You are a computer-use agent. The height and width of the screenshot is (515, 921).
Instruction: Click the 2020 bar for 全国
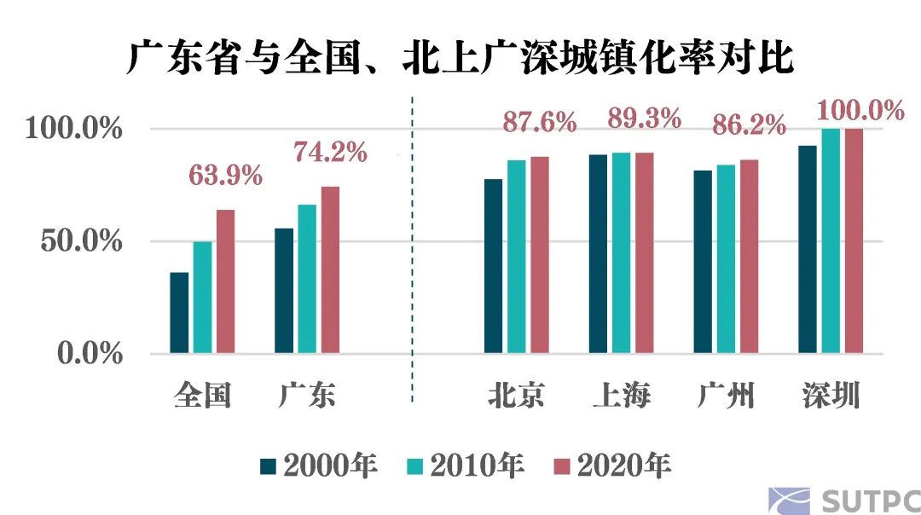click(x=225, y=281)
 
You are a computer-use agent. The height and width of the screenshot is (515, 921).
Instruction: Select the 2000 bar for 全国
click(x=179, y=313)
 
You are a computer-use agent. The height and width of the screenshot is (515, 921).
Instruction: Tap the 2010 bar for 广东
click(x=307, y=279)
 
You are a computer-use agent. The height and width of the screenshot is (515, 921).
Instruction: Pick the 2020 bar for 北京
click(x=540, y=255)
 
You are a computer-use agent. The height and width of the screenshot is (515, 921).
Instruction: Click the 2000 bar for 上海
click(x=598, y=254)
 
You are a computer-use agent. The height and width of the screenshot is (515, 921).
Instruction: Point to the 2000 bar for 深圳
click(x=808, y=249)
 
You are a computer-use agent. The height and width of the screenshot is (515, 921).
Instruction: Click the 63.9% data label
click(x=225, y=176)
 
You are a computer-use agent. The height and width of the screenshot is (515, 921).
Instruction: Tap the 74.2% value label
click(x=330, y=153)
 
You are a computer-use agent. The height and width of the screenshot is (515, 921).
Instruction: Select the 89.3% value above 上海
click(x=644, y=119)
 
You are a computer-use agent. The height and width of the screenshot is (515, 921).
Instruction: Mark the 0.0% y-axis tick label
click(x=90, y=354)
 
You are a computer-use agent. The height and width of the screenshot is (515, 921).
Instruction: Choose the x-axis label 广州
click(x=726, y=396)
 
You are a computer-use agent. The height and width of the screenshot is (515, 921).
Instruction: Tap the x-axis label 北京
click(x=517, y=396)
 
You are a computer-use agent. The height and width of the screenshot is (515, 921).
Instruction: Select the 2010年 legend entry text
click(x=478, y=466)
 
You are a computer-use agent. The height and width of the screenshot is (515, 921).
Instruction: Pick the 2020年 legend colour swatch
click(x=563, y=466)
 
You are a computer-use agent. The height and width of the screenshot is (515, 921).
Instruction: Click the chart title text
click(x=460, y=60)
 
